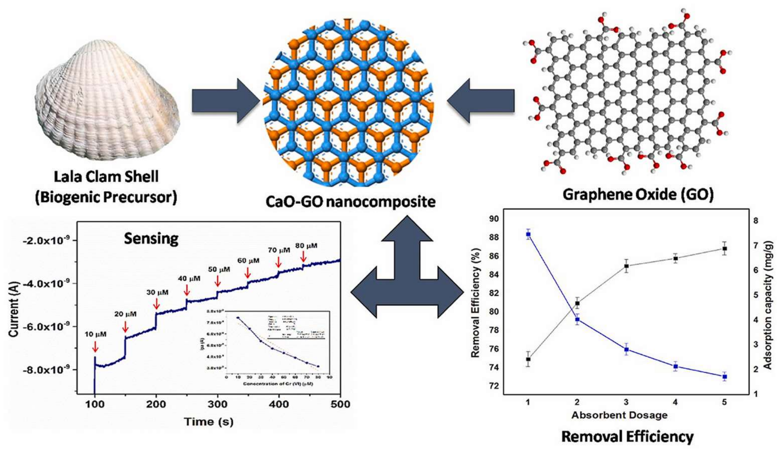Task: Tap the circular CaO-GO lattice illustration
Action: (348, 102)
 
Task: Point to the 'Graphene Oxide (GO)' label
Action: (638, 195)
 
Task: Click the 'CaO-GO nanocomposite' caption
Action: (350, 201)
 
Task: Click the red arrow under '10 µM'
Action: (95, 346)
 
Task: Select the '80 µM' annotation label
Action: (306, 246)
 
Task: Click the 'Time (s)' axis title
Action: (209, 422)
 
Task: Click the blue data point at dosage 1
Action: (528, 234)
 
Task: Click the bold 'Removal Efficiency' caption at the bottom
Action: (627, 437)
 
